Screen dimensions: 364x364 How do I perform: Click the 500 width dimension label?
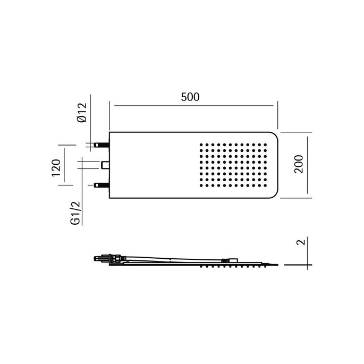tap(190, 97)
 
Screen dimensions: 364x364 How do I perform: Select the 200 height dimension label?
tap(299, 165)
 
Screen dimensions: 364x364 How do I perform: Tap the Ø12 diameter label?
tap(81, 113)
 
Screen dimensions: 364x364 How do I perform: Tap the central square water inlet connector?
tap(105, 165)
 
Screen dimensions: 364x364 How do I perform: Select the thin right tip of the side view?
tap(276, 264)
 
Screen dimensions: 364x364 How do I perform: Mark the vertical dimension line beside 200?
tap(308, 165)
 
